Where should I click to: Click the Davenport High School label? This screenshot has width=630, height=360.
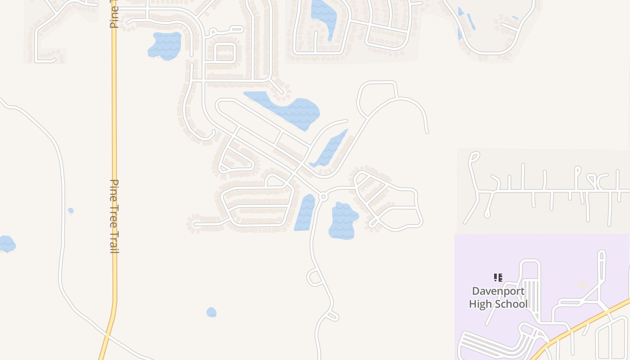click(498, 297)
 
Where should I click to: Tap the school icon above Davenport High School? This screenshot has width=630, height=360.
click(498, 278)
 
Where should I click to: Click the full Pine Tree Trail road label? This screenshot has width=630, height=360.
click(115, 216)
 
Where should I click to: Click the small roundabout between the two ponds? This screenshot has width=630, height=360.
click(323, 197)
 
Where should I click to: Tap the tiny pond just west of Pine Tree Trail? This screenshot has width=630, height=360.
click(71, 211)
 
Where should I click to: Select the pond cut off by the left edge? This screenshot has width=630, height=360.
click(7, 243)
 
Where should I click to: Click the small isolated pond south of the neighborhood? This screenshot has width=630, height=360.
click(211, 312)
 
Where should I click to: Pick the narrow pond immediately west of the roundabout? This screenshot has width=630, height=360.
click(306, 212)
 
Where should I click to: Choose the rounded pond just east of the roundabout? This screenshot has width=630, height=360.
click(343, 220)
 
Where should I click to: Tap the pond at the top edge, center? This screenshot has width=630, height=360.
click(324, 16)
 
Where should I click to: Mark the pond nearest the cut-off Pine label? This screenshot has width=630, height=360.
click(165, 45)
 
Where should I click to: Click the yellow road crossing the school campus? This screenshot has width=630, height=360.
click(585, 322)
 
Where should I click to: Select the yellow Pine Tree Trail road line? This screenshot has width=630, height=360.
click(114, 135)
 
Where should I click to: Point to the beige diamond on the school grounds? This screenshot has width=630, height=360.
click(582, 285)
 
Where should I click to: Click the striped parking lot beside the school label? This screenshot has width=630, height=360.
click(533, 295)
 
